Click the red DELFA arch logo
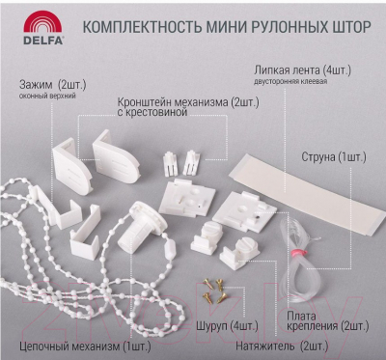point(42,21)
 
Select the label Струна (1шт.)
point(334,157)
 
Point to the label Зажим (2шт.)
point(53,85)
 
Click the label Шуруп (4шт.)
point(227,326)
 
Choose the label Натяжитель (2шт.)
point(282,346)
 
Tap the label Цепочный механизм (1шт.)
point(85,346)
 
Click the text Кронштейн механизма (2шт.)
point(188,102)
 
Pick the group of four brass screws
point(214,291)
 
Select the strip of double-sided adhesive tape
point(307,194)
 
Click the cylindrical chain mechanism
point(140,227)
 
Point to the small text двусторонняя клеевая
point(290,81)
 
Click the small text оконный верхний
point(47,96)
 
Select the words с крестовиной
point(152,112)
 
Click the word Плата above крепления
point(302,317)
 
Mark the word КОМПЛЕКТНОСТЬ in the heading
point(142,27)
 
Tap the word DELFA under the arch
point(43,40)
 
